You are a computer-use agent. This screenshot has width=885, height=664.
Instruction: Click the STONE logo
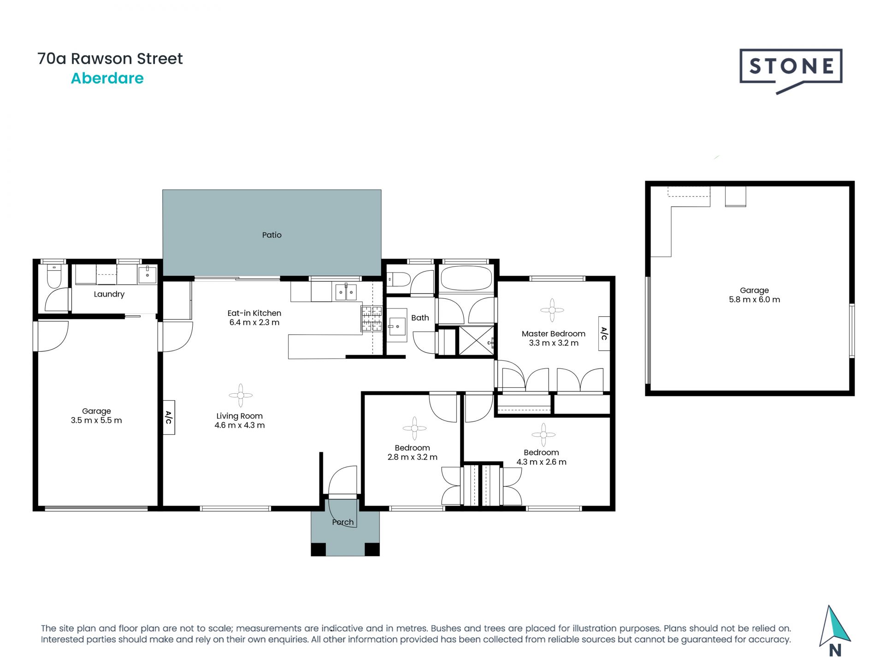[791, 67]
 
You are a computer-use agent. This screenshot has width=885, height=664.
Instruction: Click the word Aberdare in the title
[107, 78]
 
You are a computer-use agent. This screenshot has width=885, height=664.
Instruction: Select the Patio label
[271, 235]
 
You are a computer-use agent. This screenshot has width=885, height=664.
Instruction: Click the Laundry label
[109, 294]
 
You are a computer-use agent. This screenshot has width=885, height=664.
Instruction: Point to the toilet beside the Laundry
[54, 276]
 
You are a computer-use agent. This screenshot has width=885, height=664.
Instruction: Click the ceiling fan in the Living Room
[241, 395]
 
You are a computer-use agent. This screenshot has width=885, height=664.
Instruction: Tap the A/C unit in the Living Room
[169, 418]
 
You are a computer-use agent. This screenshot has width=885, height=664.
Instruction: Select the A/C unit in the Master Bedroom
[604, 333]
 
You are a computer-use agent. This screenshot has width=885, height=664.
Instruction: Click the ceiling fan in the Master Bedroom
[552, 310]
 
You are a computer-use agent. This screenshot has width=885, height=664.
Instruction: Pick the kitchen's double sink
[346, 292]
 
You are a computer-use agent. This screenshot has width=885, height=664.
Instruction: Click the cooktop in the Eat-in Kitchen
[372, 318]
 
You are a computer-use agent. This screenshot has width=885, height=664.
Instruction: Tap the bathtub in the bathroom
[466, 278]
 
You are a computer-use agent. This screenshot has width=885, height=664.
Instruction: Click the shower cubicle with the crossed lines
[476, 340]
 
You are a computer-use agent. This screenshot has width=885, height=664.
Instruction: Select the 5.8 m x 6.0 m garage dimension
[754, 300]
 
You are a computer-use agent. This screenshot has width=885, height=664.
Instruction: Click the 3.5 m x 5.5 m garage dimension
[96, 421]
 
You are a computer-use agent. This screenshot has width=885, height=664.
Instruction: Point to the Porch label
[343, 522]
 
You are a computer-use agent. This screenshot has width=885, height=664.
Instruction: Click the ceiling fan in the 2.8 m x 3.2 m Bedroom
[414, 429]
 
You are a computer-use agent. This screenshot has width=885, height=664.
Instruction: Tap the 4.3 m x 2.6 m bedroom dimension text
[541, 462]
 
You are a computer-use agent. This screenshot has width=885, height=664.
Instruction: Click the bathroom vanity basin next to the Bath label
[397, 326]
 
